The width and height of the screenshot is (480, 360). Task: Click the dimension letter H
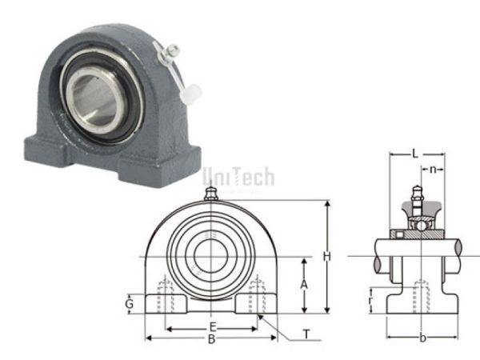point(326,256)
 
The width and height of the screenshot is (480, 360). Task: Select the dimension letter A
point(304,284)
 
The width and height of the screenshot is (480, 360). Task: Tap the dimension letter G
point(129,304)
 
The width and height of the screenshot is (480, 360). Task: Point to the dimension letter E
point(212,326)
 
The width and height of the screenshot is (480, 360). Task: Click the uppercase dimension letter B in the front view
point(211,339)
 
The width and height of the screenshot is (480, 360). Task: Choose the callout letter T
point(306,334)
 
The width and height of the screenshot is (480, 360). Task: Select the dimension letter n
point(433,170)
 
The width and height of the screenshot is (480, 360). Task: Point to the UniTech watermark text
point(238,175)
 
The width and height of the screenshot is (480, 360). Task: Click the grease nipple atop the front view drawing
point(211,194)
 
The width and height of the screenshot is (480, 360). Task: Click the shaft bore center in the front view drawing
point(211,255)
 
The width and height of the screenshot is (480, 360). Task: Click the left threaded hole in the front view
point(166,297)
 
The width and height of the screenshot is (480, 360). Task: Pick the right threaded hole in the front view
point(257,297)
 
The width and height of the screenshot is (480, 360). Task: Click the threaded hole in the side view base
point(421,298)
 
